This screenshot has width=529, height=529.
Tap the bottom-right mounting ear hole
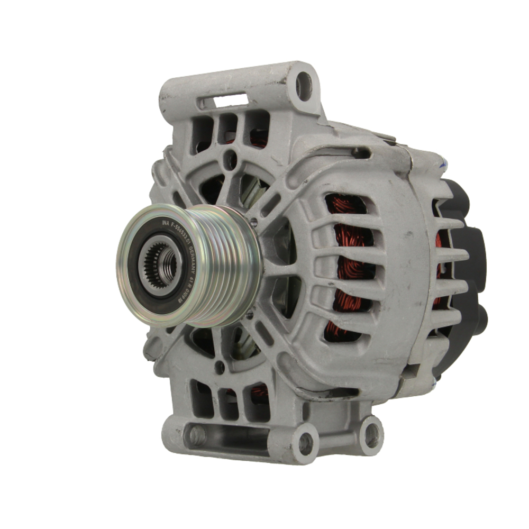(x=371, y=435)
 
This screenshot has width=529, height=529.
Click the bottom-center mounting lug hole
(x=306, y=443)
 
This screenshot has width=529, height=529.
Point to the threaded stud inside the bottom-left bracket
(x=197, y=435)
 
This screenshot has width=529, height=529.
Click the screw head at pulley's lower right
(x=250, y=315)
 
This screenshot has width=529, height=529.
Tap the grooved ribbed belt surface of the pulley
(x=227, y=264)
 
